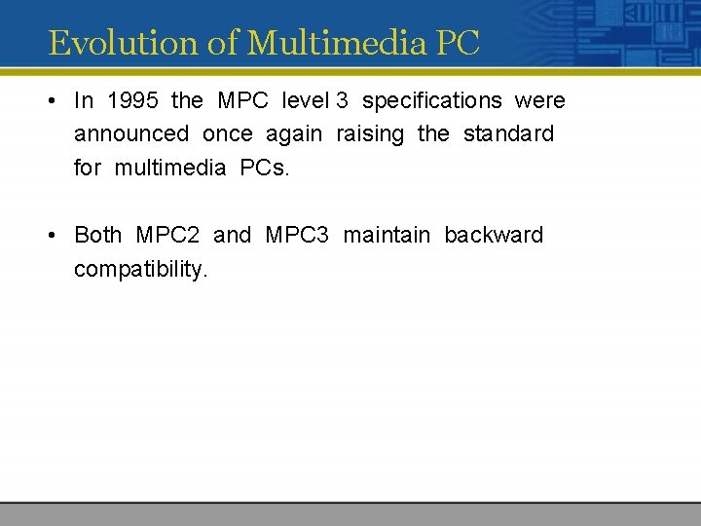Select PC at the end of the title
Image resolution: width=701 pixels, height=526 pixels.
(458, 43)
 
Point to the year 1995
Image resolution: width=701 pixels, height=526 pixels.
(132, 100)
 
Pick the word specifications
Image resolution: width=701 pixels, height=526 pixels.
(431, 101)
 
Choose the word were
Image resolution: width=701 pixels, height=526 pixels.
(539, 100)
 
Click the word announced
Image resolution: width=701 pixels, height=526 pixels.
(131, 133)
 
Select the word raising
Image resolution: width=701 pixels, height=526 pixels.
(369, 134)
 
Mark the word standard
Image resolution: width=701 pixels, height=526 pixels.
(508, 133)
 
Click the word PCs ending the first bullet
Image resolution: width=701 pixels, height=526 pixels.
(264, 168)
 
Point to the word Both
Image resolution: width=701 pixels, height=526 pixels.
(98, 235)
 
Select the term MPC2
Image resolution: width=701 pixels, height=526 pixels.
(167, 235)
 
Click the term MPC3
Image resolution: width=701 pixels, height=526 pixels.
(297, 235)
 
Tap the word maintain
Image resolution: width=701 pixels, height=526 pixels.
(387, 235)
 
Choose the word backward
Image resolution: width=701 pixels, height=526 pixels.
(494, 235)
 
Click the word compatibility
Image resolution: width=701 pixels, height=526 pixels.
(141, 269)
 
